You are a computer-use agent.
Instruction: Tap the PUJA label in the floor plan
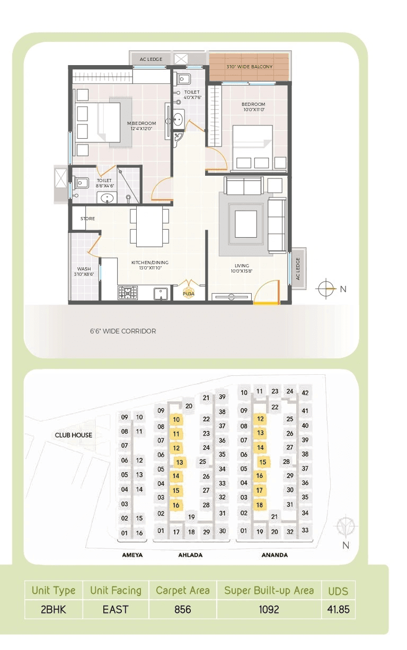click(188, 293)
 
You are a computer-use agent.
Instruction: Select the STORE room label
click(87, 218)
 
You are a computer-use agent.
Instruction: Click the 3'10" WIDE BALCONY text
click(249, 67)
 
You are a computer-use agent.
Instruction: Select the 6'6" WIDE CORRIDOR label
click(122, 331)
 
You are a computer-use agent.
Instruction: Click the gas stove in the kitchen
click(127, 293)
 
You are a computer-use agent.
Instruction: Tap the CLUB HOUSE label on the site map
click(74, 435)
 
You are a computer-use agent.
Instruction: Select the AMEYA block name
click(132, 555)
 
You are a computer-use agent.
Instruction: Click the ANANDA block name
click(275, 555)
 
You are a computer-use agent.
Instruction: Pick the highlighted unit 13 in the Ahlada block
click(180, 462)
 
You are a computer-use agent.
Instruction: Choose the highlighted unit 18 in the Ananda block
click(260, 505)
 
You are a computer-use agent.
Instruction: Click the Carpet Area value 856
click(182, 609)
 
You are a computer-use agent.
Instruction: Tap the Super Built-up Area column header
click(269, 590)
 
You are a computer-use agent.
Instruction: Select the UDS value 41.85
click(338, 609)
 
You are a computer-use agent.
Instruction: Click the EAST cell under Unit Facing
click(116, 609)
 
